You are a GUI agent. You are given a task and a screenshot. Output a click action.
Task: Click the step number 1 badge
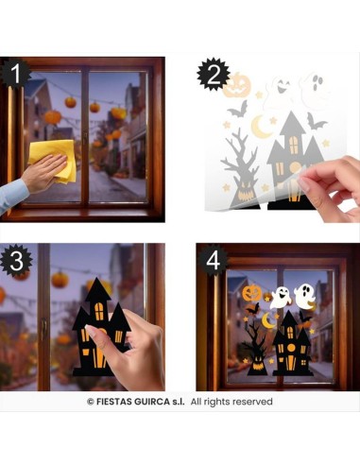15,73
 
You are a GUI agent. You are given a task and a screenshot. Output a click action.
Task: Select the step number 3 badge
16,259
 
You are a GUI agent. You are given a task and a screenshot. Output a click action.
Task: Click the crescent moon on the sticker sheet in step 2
261,127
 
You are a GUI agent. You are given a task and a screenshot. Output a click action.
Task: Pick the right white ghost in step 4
304,296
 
